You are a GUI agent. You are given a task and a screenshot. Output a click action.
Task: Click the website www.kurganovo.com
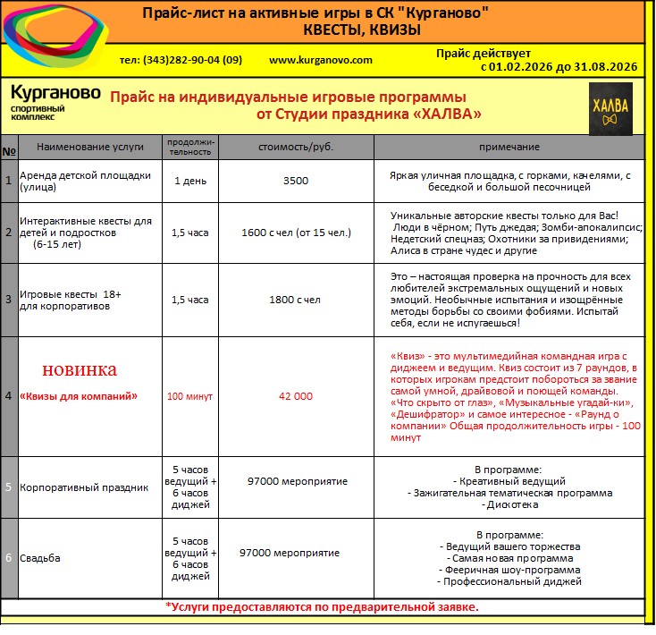(320, 59)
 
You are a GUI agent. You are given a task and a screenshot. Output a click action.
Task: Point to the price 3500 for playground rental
(295, 181)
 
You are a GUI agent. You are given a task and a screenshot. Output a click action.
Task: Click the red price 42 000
(296, 395)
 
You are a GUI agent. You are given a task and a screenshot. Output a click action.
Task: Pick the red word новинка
(80, 369)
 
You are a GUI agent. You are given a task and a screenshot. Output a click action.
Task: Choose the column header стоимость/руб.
(295, 146)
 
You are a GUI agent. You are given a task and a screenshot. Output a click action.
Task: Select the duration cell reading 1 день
(189, 181)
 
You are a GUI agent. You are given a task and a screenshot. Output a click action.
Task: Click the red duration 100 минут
(189, 395)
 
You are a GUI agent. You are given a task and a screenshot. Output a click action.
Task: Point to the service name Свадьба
(41, 558)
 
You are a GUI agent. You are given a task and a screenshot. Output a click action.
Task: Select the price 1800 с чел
(295, 300)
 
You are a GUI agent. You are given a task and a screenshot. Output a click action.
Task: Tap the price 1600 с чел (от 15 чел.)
(296, 233)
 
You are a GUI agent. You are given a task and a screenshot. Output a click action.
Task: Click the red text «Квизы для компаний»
(79, 395)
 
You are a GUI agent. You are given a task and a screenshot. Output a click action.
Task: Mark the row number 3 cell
(8, 300)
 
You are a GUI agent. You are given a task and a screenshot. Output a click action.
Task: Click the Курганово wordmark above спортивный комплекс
(55, 93)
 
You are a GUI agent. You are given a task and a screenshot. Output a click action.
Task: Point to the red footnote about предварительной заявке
(322, 606)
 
